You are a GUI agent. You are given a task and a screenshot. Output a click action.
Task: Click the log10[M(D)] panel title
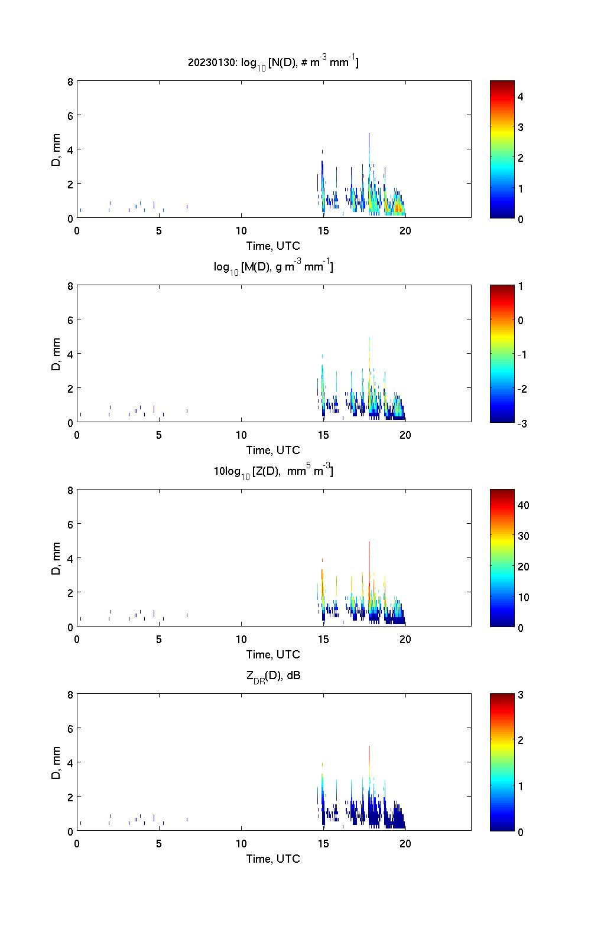tap(273, 267)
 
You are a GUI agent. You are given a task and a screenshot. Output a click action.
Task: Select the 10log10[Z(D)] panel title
tap(273, 471)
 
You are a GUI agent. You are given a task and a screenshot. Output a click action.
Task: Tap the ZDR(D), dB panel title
tap(273, 676)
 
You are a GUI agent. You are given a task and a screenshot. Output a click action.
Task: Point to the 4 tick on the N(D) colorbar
tap(521, 96)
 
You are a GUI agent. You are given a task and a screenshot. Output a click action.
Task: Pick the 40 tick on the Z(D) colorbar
tap(524, 505)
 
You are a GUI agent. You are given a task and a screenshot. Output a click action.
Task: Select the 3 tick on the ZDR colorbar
tap(521, 695)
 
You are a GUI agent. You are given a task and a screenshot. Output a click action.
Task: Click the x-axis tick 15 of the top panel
tap(323, 230)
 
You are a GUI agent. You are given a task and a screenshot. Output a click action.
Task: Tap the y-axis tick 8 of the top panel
tap(70, 81)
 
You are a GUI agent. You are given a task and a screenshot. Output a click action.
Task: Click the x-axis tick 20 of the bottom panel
tap(405, 843)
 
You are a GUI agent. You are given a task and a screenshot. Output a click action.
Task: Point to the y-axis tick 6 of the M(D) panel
tap(70, 319)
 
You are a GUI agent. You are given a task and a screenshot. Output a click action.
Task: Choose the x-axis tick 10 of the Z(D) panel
tap(241, 639)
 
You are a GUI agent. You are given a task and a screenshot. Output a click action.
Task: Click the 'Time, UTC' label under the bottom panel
tap(273, 859)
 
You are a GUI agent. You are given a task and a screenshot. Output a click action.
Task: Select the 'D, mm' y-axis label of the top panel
tap(57, 149)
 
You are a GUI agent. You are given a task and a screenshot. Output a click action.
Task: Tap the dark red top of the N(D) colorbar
tap(502, 83)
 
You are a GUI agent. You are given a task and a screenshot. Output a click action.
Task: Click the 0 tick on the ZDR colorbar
tap(521, 831)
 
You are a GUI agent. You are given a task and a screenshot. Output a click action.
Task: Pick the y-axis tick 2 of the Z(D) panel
tap(70, 592)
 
